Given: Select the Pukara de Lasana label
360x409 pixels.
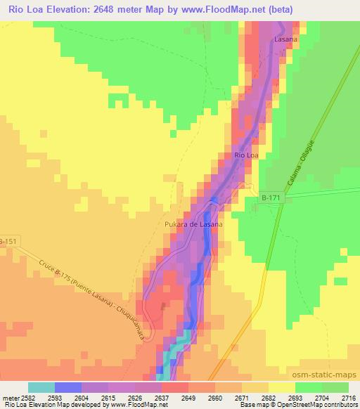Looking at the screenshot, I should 193,224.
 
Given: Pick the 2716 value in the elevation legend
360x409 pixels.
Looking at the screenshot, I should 349,396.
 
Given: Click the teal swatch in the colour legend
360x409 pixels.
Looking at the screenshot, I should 41,387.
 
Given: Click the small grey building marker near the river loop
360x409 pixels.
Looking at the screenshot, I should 165,306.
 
